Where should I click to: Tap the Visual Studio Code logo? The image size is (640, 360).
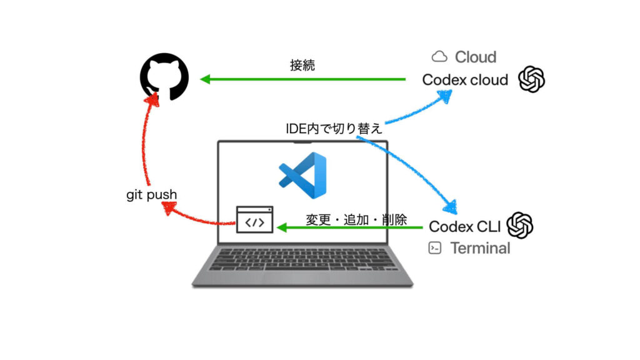[x=302, y=171]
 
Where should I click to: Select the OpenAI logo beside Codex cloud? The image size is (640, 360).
[x=532, y=79]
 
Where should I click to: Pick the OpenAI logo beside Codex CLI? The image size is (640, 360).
[x=519, y=226]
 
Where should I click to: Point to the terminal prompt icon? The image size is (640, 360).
[x=435, y=248]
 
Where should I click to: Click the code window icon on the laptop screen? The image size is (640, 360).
[x=254, y=220]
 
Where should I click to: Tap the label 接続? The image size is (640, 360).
[x=302, y=65]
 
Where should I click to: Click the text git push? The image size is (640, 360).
[x=151, y=195]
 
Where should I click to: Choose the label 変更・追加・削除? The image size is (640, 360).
[x=356, y=220]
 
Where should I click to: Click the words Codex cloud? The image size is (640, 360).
[x=465, y=80]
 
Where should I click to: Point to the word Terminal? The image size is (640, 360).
[x=480, y=248]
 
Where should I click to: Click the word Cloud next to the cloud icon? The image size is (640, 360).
[x=476, y=57]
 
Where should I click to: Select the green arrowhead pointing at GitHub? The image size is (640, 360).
[x=206, y=79]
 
